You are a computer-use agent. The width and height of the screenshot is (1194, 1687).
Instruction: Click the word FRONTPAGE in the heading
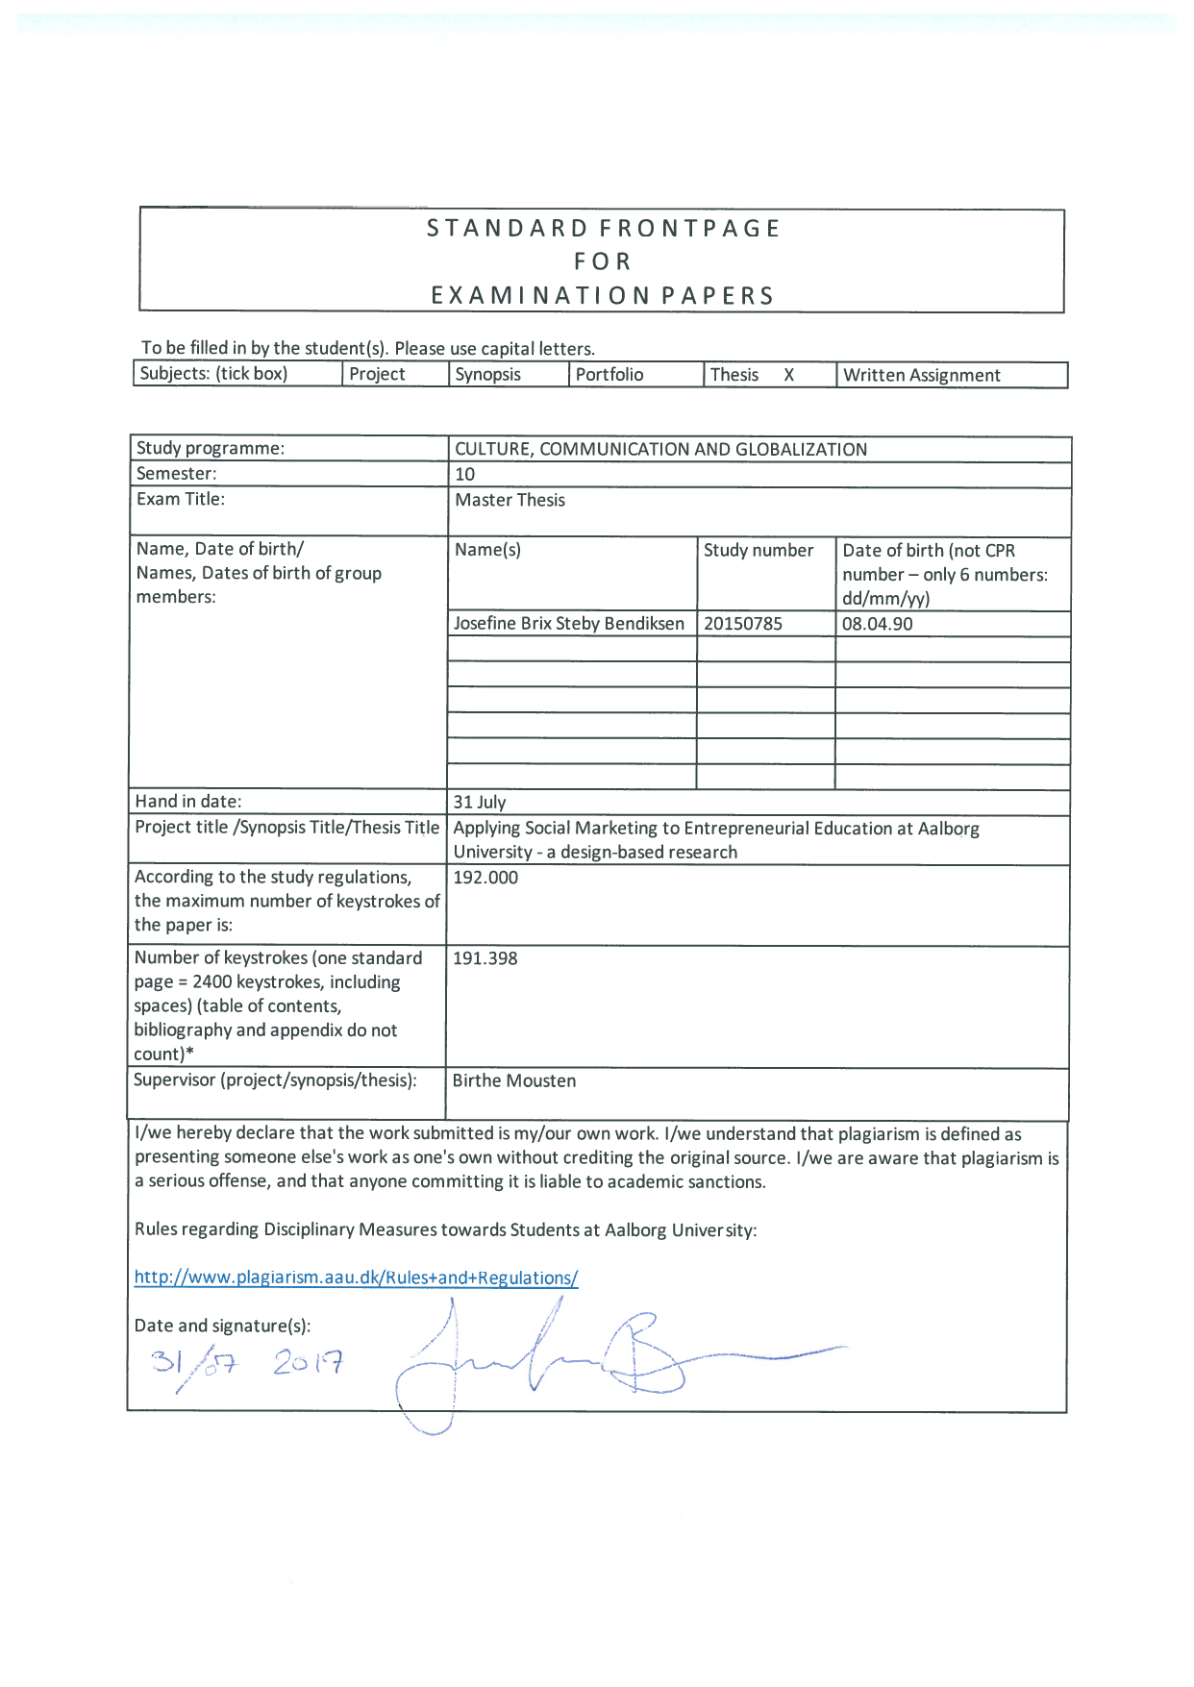click(x=689, y=229)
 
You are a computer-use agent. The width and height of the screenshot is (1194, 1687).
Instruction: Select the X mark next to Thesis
click(x=788, y=375)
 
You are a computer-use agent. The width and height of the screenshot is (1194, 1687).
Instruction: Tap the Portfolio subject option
click(x=609, y=375)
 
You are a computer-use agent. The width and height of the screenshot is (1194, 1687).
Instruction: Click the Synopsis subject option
click(x=487, y=375)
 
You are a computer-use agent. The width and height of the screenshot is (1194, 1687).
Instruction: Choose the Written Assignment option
click(x=921, y=375)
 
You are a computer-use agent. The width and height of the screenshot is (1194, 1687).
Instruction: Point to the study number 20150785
click(x=742, y=624)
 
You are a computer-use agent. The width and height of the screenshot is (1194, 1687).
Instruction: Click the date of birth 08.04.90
click(x=877, y=624)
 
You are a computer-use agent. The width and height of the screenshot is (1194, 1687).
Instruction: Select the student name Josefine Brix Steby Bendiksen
click(x=568, y=624)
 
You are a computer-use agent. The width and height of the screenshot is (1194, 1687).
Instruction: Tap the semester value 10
click(x=464, y=474)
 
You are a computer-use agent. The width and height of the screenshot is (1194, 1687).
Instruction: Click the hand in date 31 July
click(x=479, y=803)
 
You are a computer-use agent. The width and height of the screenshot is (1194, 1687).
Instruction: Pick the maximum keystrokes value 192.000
click(x=485, y=878)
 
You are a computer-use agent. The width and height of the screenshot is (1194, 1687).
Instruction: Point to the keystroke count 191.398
click(x=485, y=958)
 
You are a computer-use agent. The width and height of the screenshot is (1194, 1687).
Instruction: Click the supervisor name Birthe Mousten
click(x=513, y=1080)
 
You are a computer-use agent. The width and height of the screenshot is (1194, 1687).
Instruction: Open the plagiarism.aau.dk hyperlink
click(x=356, y=1278)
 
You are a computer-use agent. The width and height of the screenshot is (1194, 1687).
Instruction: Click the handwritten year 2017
click(x=308, y=1362)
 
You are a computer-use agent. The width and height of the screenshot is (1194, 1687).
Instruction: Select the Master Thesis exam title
click(x=510, y=500)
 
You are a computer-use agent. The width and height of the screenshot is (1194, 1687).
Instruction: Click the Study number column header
click(x=758, y=550)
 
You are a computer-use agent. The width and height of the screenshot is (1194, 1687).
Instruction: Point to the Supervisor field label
click(x=275, y=1080)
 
